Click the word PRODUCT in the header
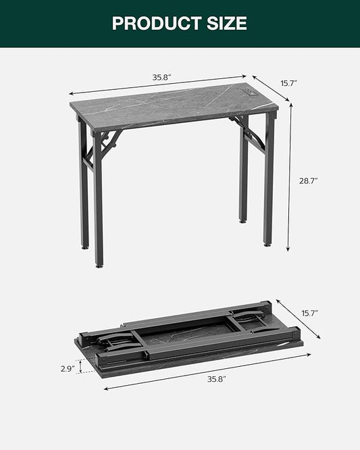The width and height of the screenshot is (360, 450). [150, 24]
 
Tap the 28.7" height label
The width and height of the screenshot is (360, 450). [308, 181]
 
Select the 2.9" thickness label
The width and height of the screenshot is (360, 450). [68, 369]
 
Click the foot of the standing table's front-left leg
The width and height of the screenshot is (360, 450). [100, 264]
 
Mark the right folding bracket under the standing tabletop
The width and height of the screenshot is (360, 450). [251, 134]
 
